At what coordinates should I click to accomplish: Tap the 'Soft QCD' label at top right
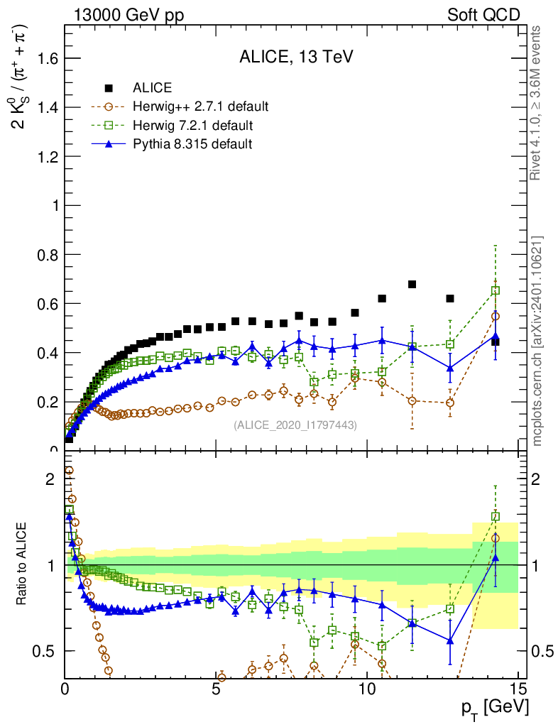coord(483,14)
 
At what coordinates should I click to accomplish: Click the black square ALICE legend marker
coord(109,88)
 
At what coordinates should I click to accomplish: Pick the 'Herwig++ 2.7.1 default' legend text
coord(200,107)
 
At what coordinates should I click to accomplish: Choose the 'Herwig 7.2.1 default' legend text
coord(193,126)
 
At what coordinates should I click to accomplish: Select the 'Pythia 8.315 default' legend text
coord(192,144)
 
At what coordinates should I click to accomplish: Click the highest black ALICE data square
coord(412,285)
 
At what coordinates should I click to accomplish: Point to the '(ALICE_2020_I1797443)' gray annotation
coord(295,425)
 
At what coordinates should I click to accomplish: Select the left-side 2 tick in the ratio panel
coord(50,479)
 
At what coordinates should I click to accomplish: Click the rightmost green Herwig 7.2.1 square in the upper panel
coord(496,290)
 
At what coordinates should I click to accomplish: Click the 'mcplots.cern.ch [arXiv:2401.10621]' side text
coord(538,340)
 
